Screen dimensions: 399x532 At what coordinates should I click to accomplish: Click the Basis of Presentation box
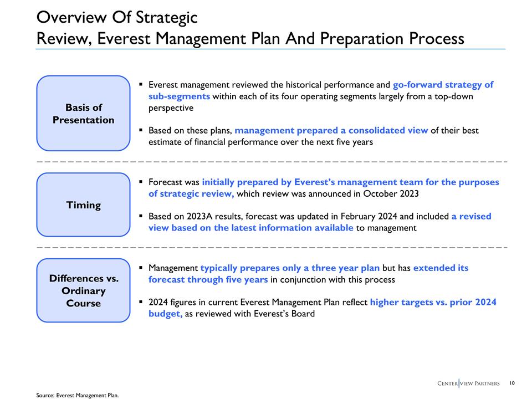pos(83,114)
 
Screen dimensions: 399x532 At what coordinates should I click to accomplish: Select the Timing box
pos(83,205)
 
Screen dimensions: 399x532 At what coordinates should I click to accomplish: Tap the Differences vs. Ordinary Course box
pos(83,291)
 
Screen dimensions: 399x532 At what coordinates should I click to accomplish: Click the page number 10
pos(511,383)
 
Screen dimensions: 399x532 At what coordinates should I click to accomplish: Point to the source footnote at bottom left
pos(78,395)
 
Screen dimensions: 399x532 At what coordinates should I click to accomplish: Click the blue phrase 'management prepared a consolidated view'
pos(331,131)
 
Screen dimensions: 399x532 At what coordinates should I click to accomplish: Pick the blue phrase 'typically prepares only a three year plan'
pos(290,268)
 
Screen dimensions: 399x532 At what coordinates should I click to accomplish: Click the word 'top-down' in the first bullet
pos(452,96)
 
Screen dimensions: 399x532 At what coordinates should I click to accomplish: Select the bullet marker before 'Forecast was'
pos(141,182)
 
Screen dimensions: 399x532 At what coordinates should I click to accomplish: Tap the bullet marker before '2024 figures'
pos(141,303)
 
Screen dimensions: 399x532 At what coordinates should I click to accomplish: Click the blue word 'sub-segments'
pos(179,96)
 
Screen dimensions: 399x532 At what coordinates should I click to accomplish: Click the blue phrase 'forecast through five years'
pos(208,280)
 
